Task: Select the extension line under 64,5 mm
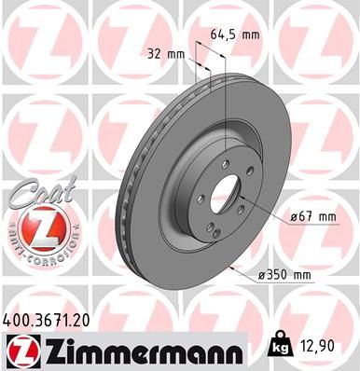point(216,84)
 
